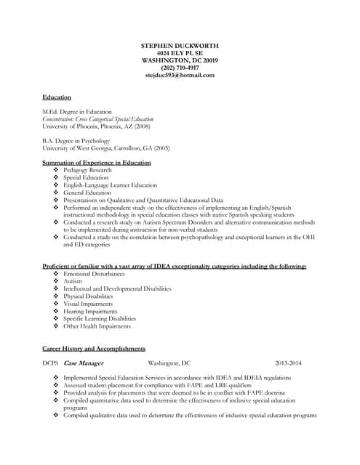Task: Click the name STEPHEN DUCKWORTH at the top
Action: pyautogui.click(x=180, y=46)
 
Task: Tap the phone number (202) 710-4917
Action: pyautogui.click(x=180, y=68)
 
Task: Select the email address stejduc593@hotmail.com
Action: pyautogui.click(x=180, y=75)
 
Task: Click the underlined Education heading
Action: pyautogui.click(x=57, y=97)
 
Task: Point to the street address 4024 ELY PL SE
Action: pyautogui.click(x=180, y=53)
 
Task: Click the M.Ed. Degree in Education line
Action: pyautogui.click(x=77, y=112)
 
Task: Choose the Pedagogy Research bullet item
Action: pyautogui.click(x=87, y=170)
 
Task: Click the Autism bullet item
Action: pyautogui.click(x=73, y=281)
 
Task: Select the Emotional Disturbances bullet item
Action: pyautogui.click(x=94, y=274)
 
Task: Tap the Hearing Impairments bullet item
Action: pyautogui.click(x=90, y=311)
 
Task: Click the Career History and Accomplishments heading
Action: pyautogui.click(x=94, y=348)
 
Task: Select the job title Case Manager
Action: pyautogui.click(x=84, y=363)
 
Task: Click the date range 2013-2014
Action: pyautogui.click(x=288, y=363)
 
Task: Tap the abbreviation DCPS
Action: pyautogui.click(x=50, y=363)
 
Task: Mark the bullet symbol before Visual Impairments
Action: pyautogui.click(x=57, y=304)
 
